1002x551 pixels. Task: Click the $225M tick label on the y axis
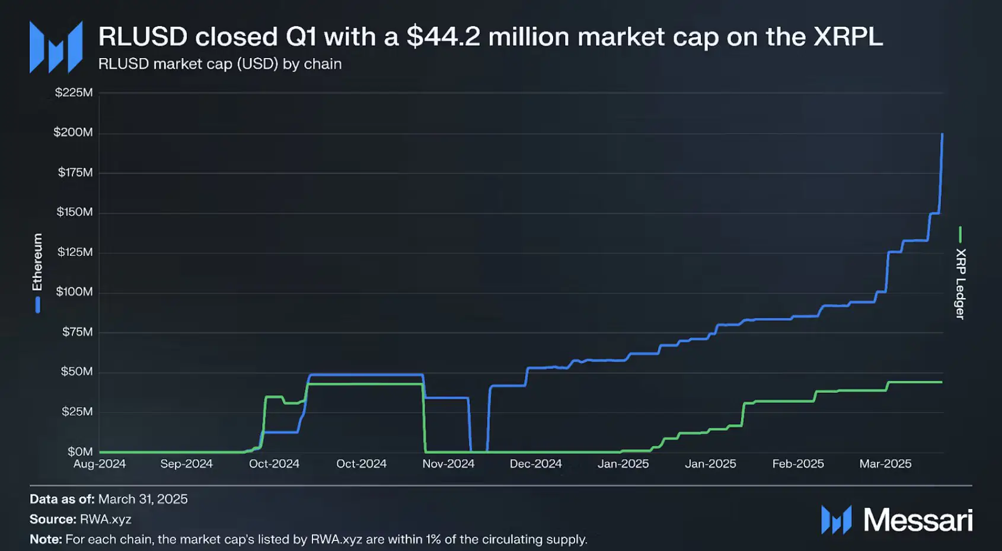(x=74, y=92)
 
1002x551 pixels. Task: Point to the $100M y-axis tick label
(x=74, y=291)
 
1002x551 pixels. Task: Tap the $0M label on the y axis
(x=79, y=451)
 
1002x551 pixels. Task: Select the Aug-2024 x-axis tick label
(x=100, y=464)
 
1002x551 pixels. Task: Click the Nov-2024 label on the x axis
(x=448, y=464)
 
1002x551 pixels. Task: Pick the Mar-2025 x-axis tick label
(x=885, y=464)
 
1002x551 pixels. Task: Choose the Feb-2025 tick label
(x=798, y=464)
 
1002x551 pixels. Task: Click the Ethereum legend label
(x=37, y=262)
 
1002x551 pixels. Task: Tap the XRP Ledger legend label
(x=960, y=284)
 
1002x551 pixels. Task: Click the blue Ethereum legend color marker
(x=37, y=305)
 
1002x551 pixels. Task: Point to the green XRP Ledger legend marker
(x=960, y=235)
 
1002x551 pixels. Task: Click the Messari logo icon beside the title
(x=56, y=47)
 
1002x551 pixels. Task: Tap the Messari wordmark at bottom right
(x=918, y=520)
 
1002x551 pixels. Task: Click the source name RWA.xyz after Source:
(x=106, y=520)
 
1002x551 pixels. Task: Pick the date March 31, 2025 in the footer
(x=143, y=499)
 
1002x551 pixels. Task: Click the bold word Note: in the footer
(x=46, y=540)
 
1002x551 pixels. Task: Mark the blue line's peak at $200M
(x=942, y=134)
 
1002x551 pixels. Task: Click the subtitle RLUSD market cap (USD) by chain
(x=220, y=64)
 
